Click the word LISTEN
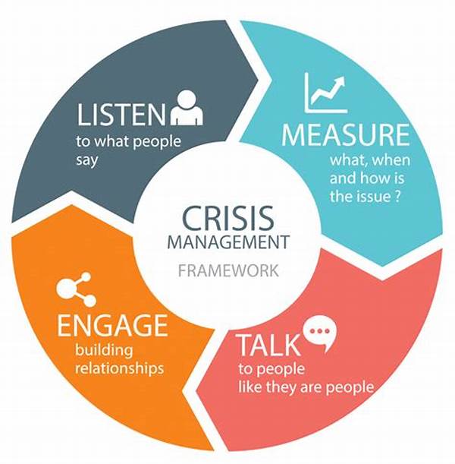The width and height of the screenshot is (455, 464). pyautogui.click(x=121, y=114)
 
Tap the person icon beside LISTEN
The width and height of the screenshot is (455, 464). pyautogui.click(x=187, y=107)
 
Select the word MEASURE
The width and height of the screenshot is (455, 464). pyautogui.click(x=345, y=134)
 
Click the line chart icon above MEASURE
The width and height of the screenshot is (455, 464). pyautogui.click(x=325, y=93)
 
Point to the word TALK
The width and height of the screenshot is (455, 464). pyautogui.click(x=268, y=345)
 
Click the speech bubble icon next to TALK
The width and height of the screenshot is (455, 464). pyautogui.click(x=320, y=333)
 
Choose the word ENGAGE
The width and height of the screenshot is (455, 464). pyautogui.click(x=112, y=325)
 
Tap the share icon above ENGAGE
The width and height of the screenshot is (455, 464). pyautogui.click(x=76, y=289)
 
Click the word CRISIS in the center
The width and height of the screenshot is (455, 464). pyautogui.click(x=228, y=219)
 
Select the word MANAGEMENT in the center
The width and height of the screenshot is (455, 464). pyautogui.click(x=228, y=241)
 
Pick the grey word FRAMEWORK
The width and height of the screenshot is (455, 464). pyautogui.click(x=228, y=270)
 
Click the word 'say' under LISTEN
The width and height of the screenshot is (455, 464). pyautogui.click(x=87, y=161)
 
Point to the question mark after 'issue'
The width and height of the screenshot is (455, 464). pyautogui.click(x=397, y=196)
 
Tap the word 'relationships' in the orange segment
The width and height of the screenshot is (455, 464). pyautogui.click(x=119, y=369)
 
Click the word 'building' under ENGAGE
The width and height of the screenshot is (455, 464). pyautogui.click(x=104, y=350)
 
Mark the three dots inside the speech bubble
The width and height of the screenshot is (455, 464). pyautogui.click(x=320, y=331)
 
